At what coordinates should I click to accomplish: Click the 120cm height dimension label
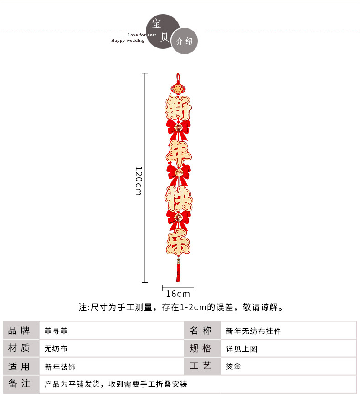[139, 181]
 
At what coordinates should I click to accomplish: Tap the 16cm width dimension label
[178, 294]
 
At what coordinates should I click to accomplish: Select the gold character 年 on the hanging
[178, 153]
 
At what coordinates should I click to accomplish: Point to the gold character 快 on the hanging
[178, 197]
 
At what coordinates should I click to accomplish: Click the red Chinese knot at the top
[178, 86]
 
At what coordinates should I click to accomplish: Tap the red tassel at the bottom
[178, 271]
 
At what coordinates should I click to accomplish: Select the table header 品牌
[19, 331]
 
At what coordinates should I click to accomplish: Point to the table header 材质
[19, 348]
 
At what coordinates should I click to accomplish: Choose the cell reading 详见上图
[242, 349]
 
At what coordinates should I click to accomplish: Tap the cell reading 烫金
[233, 366]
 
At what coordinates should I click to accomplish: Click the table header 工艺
[201, 366]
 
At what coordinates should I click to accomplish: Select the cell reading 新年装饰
[60, 367]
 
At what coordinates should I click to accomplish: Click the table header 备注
[19, 384]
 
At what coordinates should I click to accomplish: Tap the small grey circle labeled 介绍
[184, 41]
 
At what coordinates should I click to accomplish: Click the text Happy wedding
[128, 41]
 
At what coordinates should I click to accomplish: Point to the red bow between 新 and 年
[178, 128]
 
